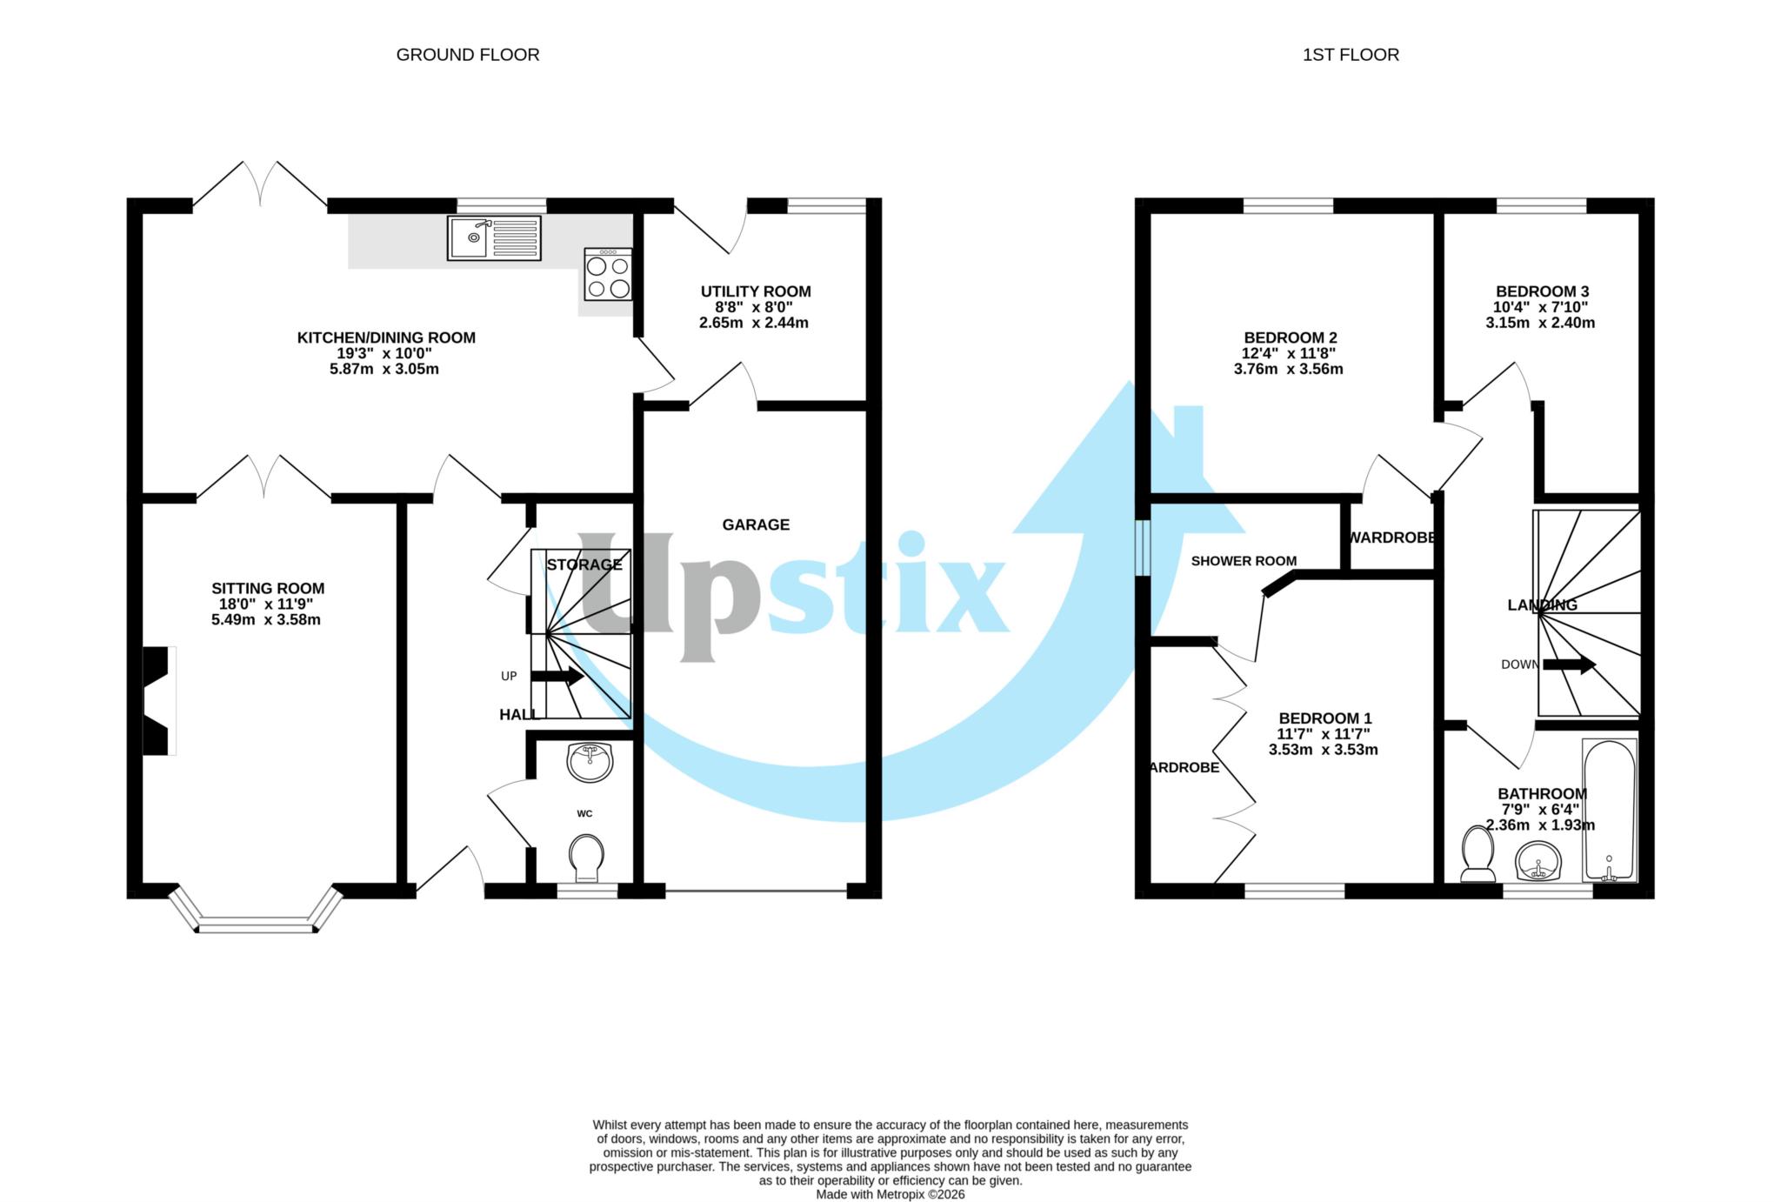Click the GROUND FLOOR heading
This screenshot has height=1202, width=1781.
click(x=467, y=55)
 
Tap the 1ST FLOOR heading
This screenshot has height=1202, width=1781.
click(x=1350, y=55)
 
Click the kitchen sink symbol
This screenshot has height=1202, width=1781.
click(x=493, y=237)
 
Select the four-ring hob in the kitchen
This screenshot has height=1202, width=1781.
click(x=608, y=275)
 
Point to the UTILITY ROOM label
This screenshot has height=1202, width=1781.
click(x=755, y=291)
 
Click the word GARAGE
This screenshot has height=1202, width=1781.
click(x=755, y=524)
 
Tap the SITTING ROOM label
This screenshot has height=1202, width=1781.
click(x=267, y=589)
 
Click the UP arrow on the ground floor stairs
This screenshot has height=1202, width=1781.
click(x=557, y=676)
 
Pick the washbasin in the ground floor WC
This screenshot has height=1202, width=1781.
click(x=590, y=762)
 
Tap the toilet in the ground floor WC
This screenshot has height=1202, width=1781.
click(x=587, y=856)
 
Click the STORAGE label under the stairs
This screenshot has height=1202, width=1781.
click(x=584, y=564)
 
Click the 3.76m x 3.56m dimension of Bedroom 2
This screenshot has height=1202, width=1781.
click(x=1288, y=369)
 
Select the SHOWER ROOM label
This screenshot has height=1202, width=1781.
click(x=1243, y=561)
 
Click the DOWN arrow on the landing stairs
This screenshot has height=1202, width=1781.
click(x=1569, y=664)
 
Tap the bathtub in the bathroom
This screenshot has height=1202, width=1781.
click(x=1609, y=809)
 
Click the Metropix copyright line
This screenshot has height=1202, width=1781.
click(x=890, y=1194)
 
